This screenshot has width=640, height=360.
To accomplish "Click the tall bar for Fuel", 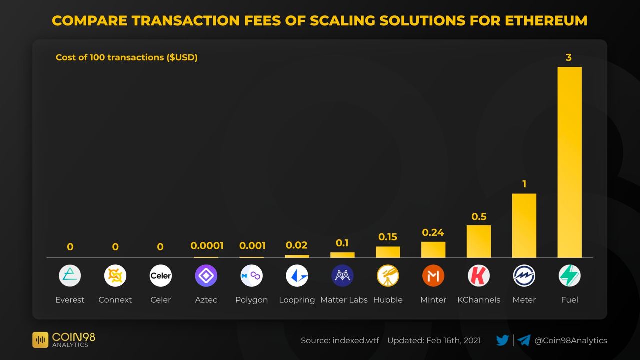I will (x=569, y=162).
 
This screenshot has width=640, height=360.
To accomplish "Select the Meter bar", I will (x=524, y=225).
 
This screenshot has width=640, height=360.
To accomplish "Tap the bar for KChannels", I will (x=479, y=241).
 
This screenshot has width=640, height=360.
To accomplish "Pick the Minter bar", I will (x=433, y=249).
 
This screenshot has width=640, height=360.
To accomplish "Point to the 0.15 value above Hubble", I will (x=388, y=237).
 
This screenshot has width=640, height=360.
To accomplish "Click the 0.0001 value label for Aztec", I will (x=207, y=246).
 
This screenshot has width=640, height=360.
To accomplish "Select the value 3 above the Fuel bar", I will (x=568, y=58).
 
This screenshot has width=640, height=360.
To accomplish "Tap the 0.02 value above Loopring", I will (x=297, y=245).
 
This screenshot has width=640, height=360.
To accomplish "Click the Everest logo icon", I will (x=70, y=275).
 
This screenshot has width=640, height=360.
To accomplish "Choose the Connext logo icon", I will (x=115, y=275).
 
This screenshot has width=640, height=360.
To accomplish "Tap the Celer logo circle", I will (x=161, y=275).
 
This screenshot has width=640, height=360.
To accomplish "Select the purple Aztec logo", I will (x=206, y=275).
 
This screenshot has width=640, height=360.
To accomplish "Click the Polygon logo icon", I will (x=251, y=275).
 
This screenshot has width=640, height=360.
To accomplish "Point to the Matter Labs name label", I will (x=344, y=300).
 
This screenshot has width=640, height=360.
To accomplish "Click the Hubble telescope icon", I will (x=388, y=275).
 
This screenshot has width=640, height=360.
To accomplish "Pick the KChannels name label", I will (x=479, y=300).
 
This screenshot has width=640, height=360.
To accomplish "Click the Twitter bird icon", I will (x=502, y=340).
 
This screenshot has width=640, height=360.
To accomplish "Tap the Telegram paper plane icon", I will (x=524, y=340).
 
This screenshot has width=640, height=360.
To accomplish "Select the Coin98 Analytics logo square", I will (x=40, y=340).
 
